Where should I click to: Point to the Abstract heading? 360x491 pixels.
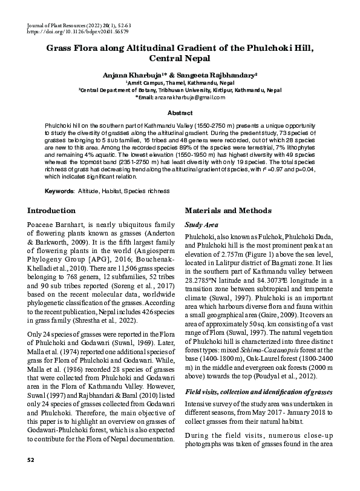click(180, 113)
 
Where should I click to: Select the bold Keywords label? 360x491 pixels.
click(59, 191)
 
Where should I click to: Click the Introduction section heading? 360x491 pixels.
click(52, 211)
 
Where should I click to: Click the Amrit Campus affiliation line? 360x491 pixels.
click(179, 82)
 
